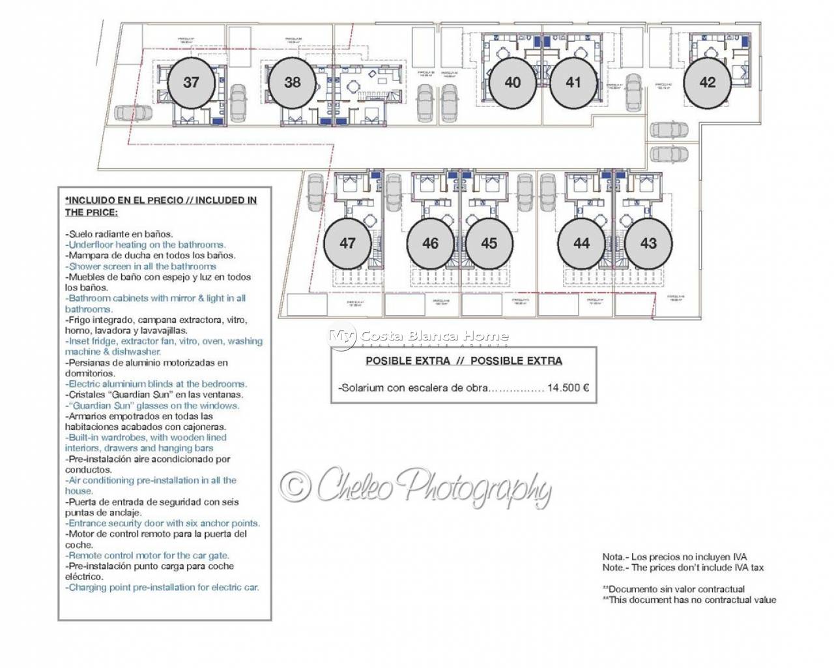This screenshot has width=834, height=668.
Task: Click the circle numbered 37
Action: (x=191, y=83)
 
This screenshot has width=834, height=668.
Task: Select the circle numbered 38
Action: (x=293, y=83)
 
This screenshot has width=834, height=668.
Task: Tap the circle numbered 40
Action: (x=513, y=83)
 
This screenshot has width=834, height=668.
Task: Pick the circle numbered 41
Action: (x=573, y=83)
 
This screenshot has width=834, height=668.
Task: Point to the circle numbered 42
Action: (x=708, y=83)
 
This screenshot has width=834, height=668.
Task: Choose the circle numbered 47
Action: (x=348, y=243)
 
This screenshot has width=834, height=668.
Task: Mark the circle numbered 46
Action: (x=431, y=243)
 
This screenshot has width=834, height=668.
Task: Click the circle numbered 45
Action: (x=489, y=243)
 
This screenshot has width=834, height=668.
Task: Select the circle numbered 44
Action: (x=582, y=243)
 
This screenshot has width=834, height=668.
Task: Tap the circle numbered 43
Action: (x=648, y=243)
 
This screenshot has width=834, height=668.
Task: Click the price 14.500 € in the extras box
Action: (x=568, y=387)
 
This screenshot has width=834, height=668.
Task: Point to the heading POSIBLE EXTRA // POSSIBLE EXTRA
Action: (x=463, y=361)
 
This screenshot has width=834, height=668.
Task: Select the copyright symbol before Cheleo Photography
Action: (x=296, y=487)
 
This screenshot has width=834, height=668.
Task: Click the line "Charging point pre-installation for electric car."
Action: (x=162, y=587)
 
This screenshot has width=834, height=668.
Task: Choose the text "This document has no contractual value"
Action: (x=692, y=600)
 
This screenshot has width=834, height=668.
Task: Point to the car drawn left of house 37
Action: (x=133, y=113)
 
